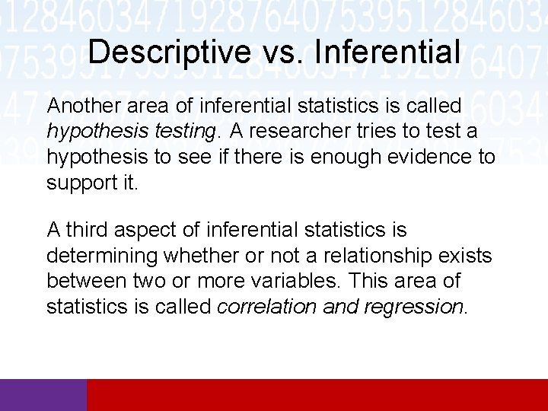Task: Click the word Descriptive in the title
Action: (x=168, y=52)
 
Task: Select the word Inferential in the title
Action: (x=387, y=52)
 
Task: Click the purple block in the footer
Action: (x=43, y=394)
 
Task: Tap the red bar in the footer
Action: (x=317, y=394)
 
